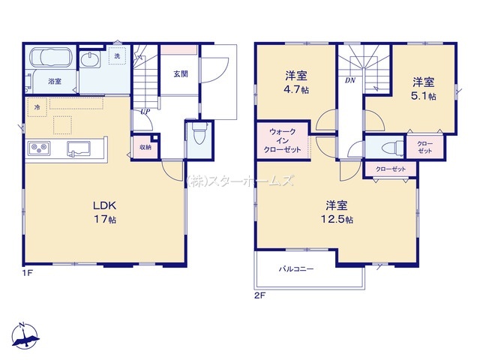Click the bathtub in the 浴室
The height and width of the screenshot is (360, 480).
pyautogui.click(x=51, y=58)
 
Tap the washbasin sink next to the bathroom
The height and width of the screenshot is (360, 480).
pyautogui.click(x=90, y=59)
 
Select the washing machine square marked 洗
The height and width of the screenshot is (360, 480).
pyautogui.click(x=117, y=55)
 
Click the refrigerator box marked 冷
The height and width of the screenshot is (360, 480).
pyautogui.click(x=37, y=107)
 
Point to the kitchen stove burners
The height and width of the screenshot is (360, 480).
pyautogui.click(x=40, y=148)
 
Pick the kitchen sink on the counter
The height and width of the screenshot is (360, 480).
pyautogui.click(x=79, y=148)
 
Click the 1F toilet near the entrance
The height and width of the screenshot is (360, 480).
pyautogui.click(x=199, y=133)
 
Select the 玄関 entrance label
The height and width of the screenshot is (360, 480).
pyautogui.click(x=181, y=73)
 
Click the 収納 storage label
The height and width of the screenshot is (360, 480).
pyautogui.click(x=145, y=147)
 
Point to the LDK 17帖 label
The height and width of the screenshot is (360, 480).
pyautogui.click(x=105, y=212)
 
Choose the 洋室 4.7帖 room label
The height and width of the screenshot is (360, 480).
pyautogui.click(x=296, y=82)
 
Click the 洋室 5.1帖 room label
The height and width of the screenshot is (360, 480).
pyautogui.click(x=423, y=88)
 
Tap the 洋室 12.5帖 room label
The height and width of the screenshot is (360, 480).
pyautogui.click(x=337, y=212)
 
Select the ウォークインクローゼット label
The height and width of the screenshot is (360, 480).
pyautogui.click(x=282, y=141)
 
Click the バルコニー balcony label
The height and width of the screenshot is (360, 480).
pyautogui.click(x=296, y=269)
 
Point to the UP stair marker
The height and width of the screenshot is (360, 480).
pyautogui.click(x=145, y=112)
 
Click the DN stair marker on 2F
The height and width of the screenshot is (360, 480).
pyautogui.click(x=350, y=80)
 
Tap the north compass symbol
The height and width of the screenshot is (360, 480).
pyautogui.click(x=25, y=335)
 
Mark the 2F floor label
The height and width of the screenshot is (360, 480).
pyautogui.click(x=259, y=295)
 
